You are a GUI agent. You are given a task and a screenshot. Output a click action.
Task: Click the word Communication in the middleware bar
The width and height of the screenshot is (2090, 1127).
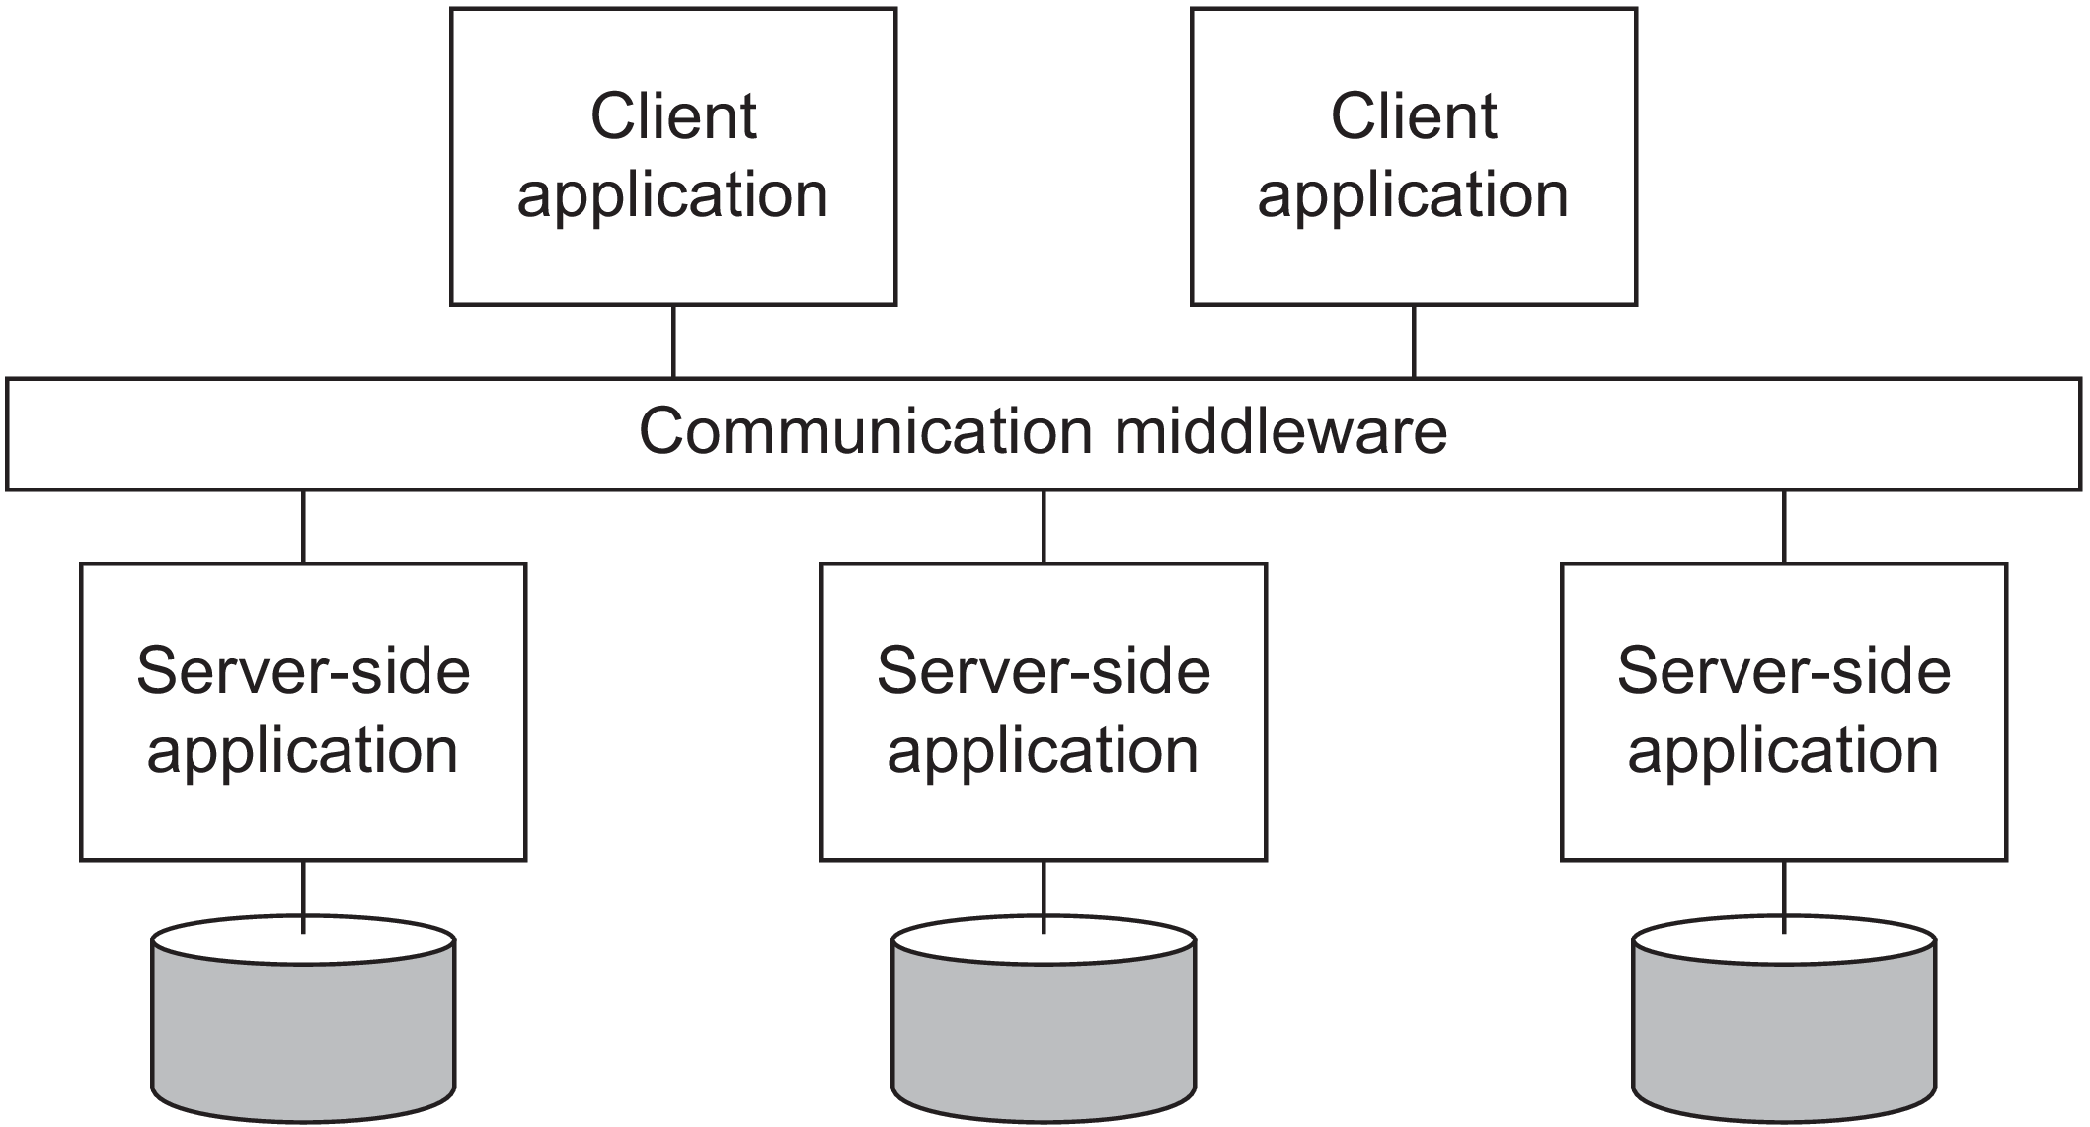coord(866,431)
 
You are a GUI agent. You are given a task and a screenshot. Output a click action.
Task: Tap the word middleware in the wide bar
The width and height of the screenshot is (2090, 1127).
coord(1280,431)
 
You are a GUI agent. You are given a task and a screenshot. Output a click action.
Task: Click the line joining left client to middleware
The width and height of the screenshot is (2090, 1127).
coord(673,340)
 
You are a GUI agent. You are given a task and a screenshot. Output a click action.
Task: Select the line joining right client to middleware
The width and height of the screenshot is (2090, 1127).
coord(1414,340)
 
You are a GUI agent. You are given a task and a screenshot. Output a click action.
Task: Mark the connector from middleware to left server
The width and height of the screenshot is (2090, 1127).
coord(303,526)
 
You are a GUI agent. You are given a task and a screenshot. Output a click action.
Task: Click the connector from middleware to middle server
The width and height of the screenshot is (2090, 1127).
coord(1044,526)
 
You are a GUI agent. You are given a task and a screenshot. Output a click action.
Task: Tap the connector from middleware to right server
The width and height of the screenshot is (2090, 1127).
coord(1784,526)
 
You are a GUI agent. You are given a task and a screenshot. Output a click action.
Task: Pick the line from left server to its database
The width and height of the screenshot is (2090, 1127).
coord(303,893)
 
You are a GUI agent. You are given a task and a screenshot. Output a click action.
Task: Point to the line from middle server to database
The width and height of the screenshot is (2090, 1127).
coord(1044,893)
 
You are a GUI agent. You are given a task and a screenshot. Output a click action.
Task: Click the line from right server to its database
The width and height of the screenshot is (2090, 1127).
coord(1784,893)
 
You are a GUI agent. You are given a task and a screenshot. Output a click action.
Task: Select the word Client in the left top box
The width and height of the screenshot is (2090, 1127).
coord(673,117)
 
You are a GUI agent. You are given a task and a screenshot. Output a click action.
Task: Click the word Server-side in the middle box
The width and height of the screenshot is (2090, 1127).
coord(1044,672)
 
